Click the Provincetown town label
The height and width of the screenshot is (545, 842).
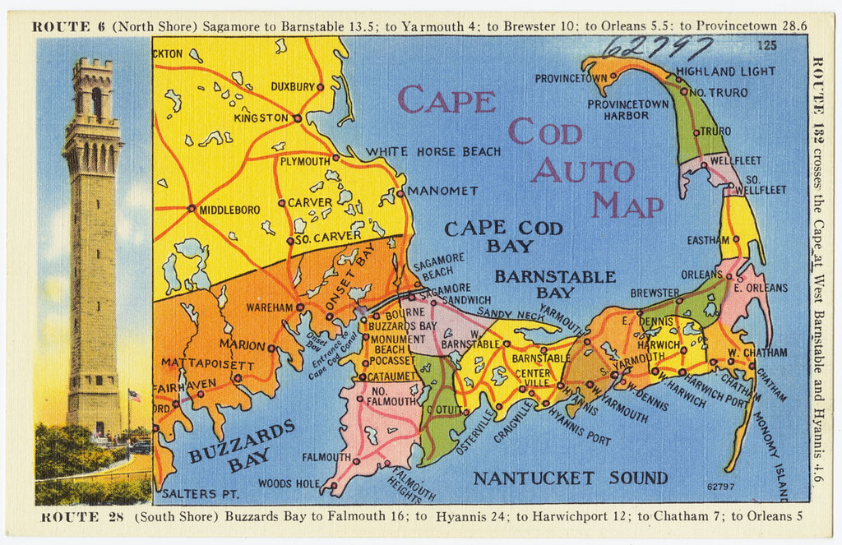click(x=571, y=79)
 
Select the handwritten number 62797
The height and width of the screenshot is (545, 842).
click(x=657, y=47)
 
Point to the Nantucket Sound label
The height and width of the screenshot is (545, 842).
click(x=570, y=478)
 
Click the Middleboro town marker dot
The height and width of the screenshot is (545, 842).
click(x=192, y=209)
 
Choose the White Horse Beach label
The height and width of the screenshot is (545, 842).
click(x=433, y=151)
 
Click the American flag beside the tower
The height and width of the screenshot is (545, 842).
click(x=134, y=396)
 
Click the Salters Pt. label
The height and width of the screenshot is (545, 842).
click(x=200, y=494)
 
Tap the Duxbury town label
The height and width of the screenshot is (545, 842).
click(x=294, y=86)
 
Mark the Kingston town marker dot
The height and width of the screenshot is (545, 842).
click(x=297, y=118)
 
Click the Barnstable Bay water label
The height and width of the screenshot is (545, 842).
click(x=555, y=284)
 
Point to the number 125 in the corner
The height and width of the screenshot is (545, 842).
click(x=768, y=45)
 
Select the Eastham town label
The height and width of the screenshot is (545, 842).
click(x=708, y=240)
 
